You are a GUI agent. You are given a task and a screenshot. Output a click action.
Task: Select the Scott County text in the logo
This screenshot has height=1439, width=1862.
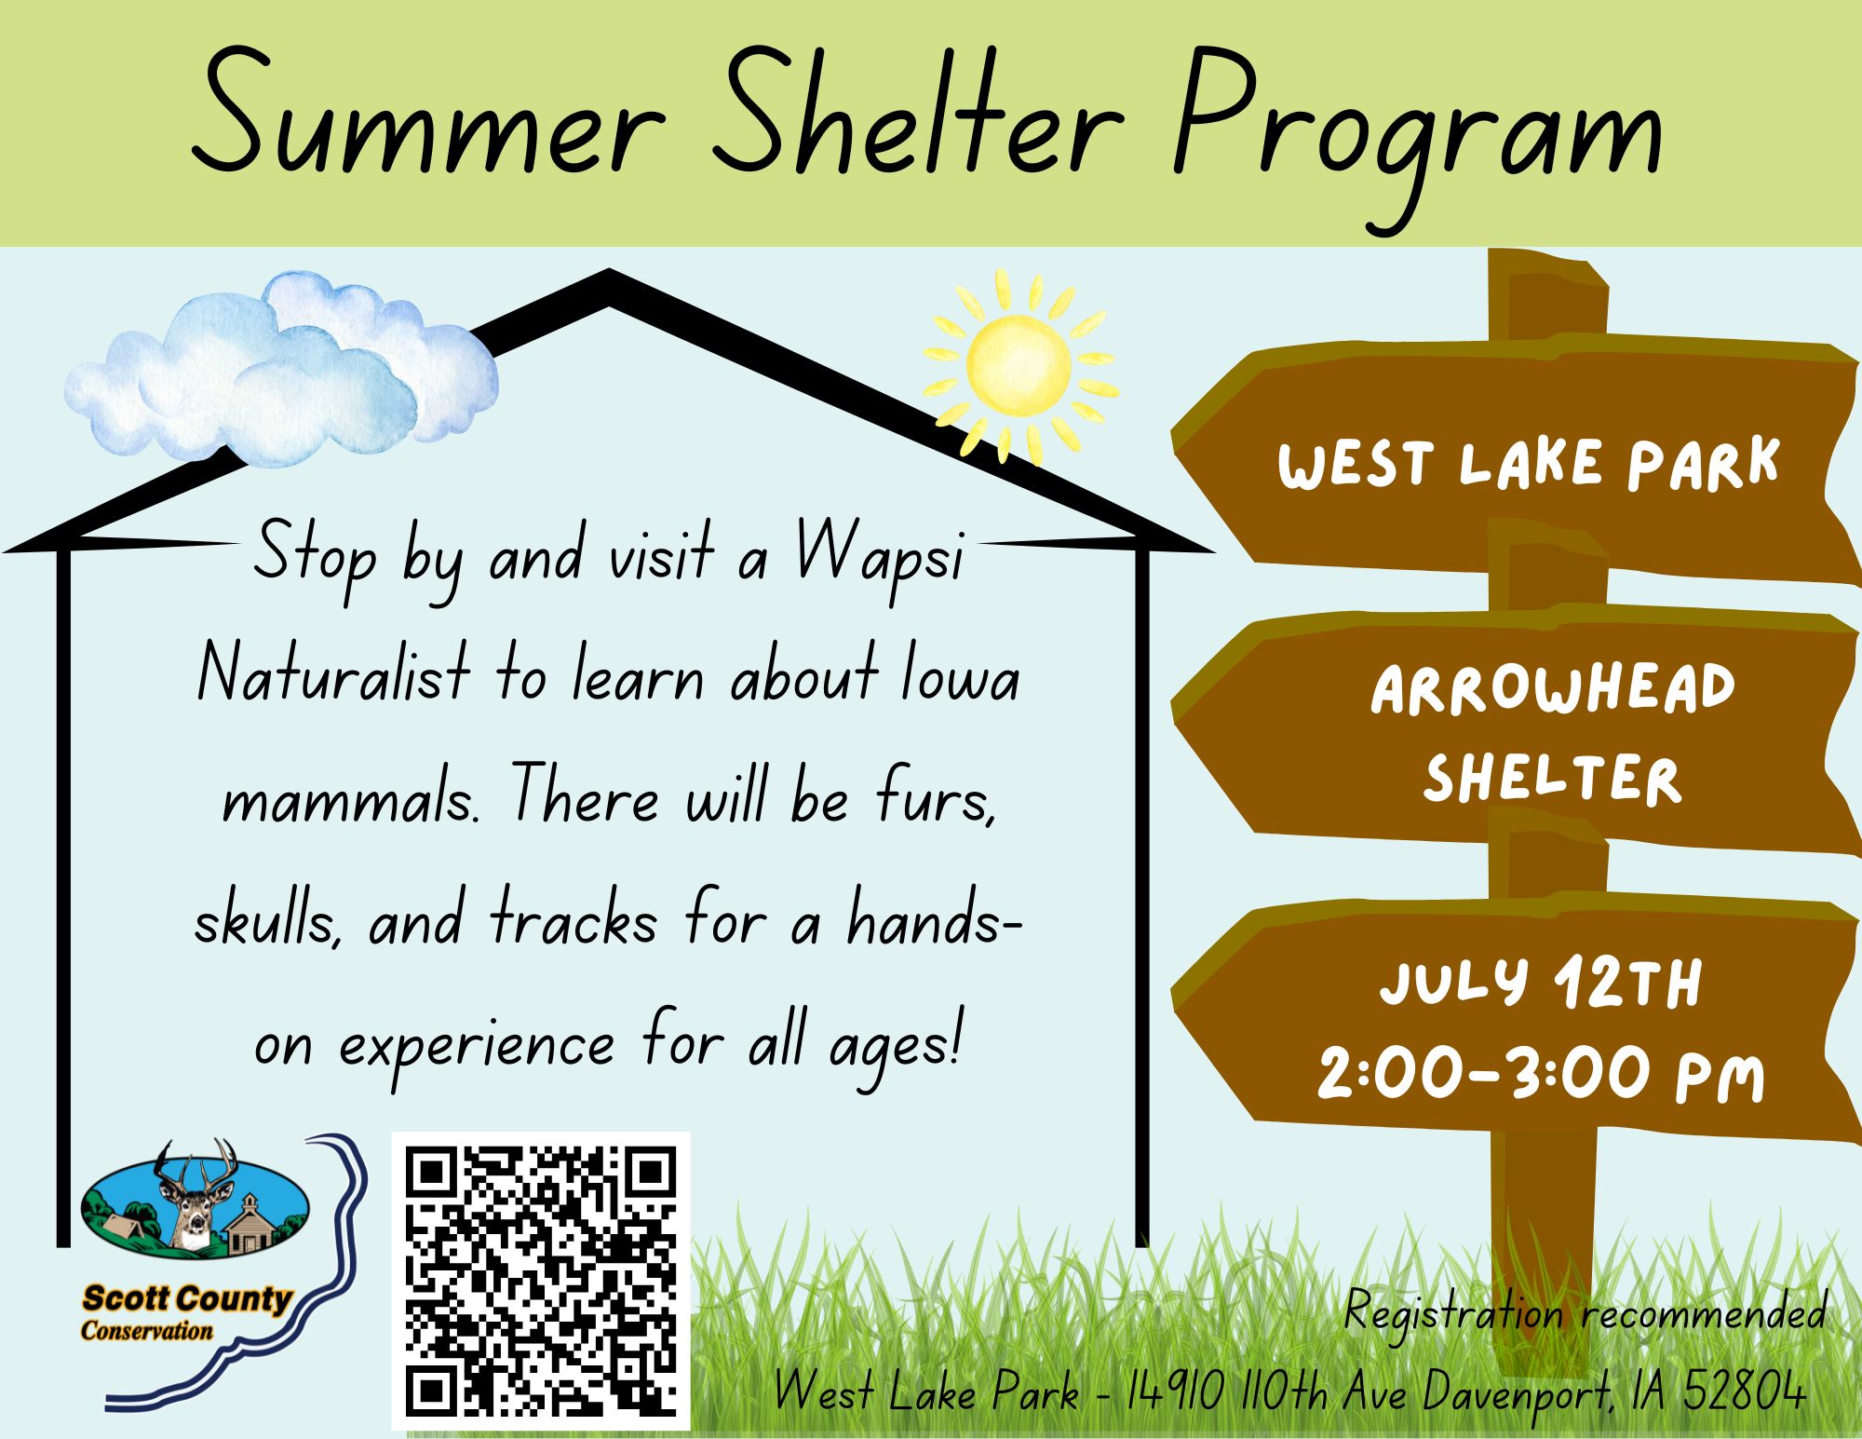[x=186, y=1298]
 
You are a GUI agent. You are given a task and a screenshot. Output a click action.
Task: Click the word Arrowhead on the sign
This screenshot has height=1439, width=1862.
[x=1553, y=689]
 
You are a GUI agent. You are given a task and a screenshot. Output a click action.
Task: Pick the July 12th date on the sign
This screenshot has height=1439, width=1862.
[x=1541, y=983]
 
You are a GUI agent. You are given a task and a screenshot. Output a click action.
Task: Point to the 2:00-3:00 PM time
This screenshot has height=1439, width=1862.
[x=1541, y=1074]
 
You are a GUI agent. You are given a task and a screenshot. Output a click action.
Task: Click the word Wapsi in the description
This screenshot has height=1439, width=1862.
[x=880, y=557]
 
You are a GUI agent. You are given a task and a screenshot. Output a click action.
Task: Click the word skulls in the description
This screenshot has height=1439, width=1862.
[x=266, y=920]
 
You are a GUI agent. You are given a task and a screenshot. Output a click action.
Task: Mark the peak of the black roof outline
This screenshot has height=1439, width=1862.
[x=609, y=272]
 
